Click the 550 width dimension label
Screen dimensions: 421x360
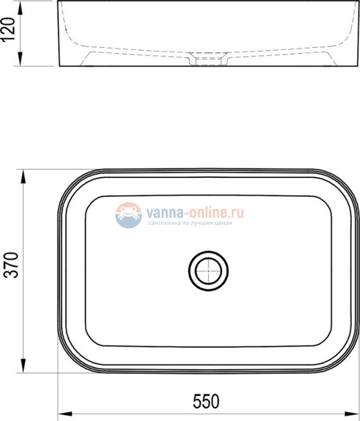206,402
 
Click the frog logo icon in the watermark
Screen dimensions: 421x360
128,215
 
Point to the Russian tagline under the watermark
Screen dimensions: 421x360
190,223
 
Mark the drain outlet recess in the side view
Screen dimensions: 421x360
208,60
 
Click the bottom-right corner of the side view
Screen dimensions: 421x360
355,65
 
